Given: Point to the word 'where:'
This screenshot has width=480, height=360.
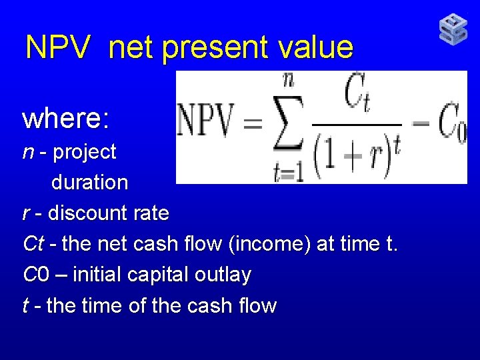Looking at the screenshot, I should [x=65, y=119].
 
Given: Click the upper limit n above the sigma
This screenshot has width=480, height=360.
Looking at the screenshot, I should [x=289, y=81].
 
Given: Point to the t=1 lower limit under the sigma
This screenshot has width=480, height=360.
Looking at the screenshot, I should [x=288, y=172].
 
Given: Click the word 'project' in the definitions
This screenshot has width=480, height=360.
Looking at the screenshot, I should [x=85, y=152].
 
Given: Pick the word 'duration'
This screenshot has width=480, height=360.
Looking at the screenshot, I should [x=89, y=182].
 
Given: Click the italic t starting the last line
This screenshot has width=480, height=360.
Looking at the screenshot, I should [x=25, y=306].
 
